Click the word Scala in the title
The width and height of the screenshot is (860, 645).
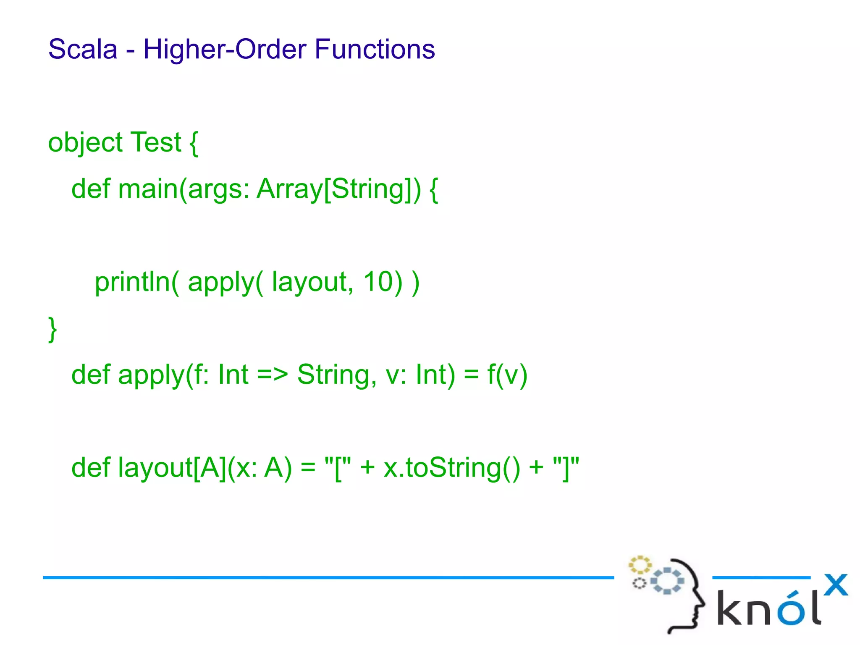tap(83, 49)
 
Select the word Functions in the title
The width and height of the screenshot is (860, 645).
tap(375, 49)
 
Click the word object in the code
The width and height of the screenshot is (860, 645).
tap(85, 143)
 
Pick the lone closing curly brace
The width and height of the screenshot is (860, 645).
tap(52, 329)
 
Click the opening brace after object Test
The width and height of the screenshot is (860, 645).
tap(193, 143)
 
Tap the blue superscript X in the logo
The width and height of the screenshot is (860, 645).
tap(836, 585)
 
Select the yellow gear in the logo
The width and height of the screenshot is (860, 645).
tap(640, 565)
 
